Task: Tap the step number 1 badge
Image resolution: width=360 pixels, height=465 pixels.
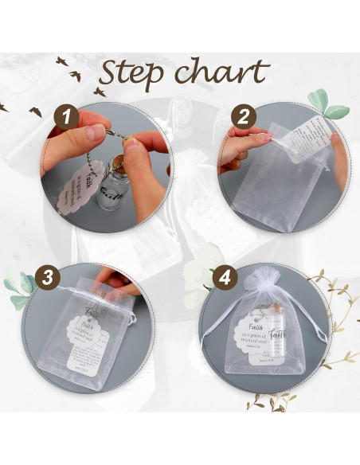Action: tap(66, 119)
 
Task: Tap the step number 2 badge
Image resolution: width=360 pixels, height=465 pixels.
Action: tap(241, 119)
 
